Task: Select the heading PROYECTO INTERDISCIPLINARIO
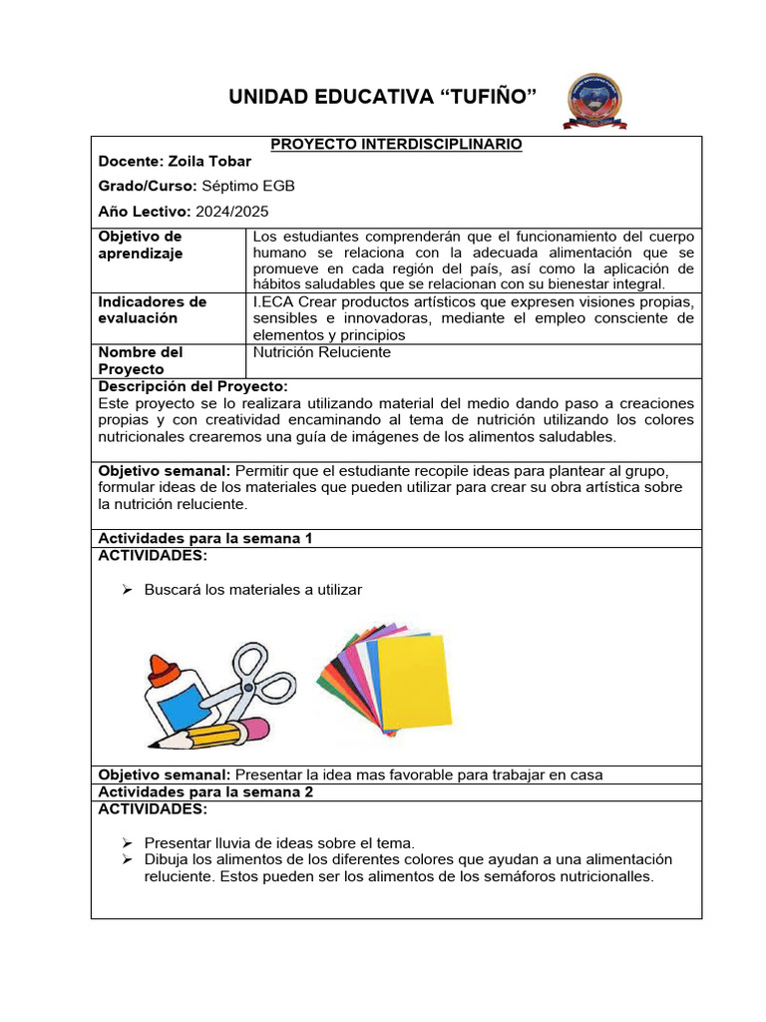396,145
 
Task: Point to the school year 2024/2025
231,212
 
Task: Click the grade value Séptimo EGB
248,187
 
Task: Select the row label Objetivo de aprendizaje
140,245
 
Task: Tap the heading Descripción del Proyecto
193,386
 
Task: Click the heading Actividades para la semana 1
205,538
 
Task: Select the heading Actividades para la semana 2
205,791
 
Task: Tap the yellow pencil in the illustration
204,736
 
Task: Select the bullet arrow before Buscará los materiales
127,590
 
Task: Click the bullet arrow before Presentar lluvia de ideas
127,842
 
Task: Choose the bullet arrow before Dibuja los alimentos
127,859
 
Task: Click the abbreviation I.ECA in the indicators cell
274,301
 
